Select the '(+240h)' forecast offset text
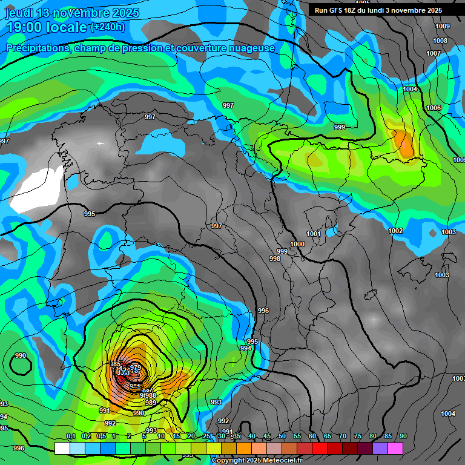click(x=108, y=27)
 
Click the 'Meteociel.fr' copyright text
click(x=278, y=461)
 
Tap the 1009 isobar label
click(x=443, y=26)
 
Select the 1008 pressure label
click(x=440, y=41)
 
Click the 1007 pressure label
click(x=434, y=53)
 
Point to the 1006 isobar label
click(x=434, y=108)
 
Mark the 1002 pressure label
click(x=395, y=231)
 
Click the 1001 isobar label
click(x=313, y=234)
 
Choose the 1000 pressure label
click(x=297, y=244)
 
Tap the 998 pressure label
click(x=275, y=259)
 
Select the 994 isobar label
click(x=245, y=348)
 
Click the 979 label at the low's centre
click(x=136, y=368)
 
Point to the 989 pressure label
click(x=151, y=403)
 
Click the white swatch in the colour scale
click(x=62, y=449)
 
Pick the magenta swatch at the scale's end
click(x=395, y=449)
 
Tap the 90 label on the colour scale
click(x=403, y=437)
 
